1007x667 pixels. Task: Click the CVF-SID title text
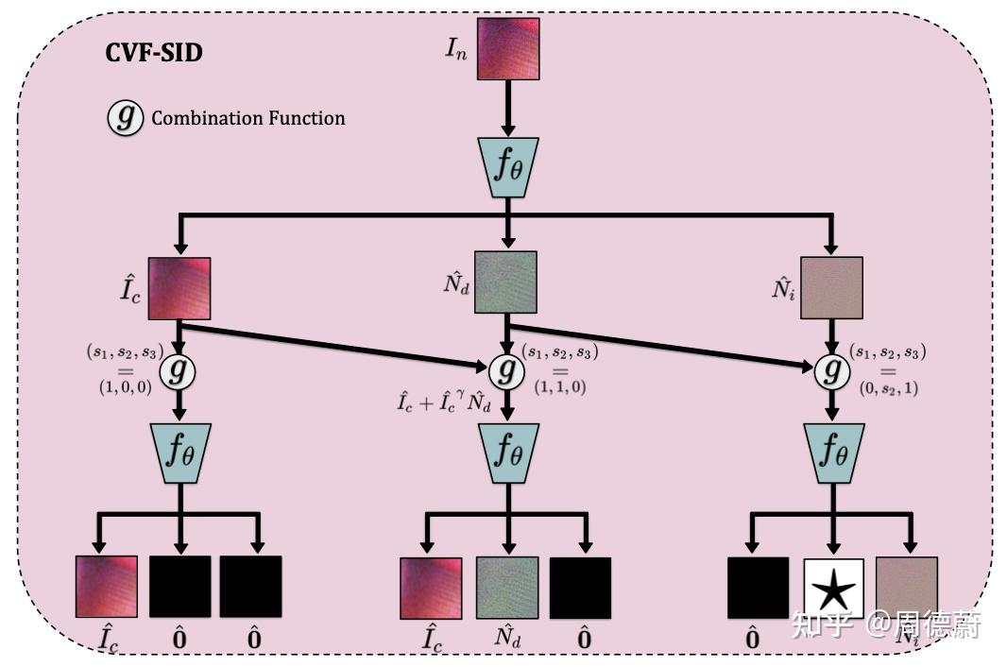(153, 52)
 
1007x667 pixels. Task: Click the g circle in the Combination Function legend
(125, 118)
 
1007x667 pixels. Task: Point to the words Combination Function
(248, 119)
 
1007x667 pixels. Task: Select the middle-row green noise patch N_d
(505, 282)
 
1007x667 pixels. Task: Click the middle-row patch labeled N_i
(831, 287)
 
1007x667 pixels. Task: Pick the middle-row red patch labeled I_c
(179, 287)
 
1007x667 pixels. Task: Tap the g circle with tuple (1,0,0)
(179, 370)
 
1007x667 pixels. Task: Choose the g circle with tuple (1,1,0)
(507, 371)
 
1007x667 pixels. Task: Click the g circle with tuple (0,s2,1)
(832, 371)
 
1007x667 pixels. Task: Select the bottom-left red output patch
(106, 587)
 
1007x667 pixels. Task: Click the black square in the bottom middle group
(580, 588)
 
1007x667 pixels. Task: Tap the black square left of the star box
(758, 588)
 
